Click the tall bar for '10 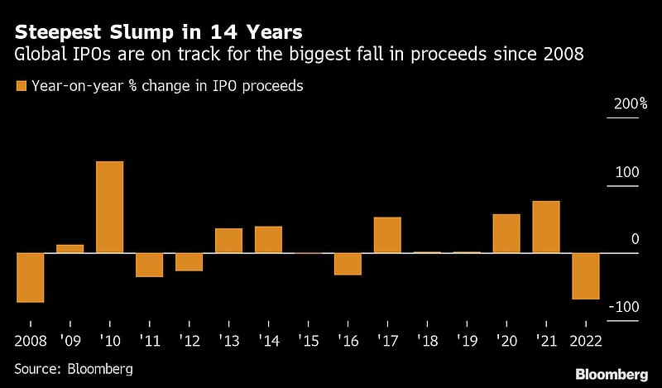[x=109, y=207]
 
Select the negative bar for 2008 [x=30, y=277]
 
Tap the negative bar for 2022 [x=586, y=275]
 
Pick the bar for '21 [x=546, y=227]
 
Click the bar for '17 [x=387, y=235]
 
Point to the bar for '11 [x=149, y=265]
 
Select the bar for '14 [x=268, y=239]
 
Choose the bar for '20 [x=506, y=233]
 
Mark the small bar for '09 [x=70, y=248]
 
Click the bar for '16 [x=348, y=264]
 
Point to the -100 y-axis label [x=625, y=307]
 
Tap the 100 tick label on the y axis [x=627, y=172]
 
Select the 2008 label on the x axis [x=30, y=340]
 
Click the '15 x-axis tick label [x=308, y=340]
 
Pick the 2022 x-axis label [x=586, y=340]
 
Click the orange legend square [x=20, y=85]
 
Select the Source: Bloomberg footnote [x=74, y=368]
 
